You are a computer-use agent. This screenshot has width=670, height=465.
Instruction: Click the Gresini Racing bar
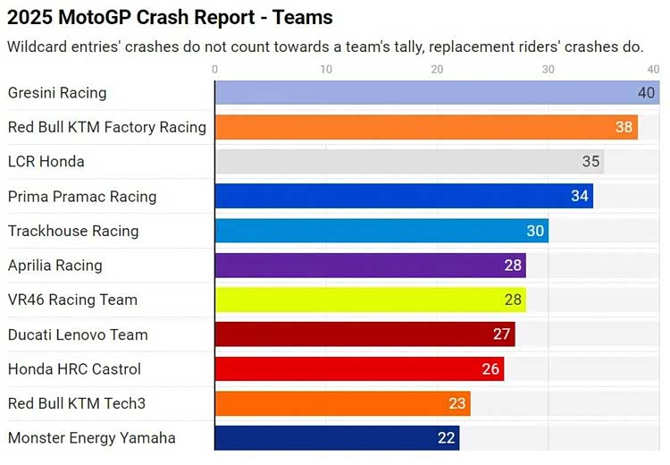[437, 93]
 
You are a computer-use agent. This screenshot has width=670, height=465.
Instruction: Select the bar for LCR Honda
[409, 162]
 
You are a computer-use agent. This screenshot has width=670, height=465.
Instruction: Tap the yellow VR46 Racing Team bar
[370, 300]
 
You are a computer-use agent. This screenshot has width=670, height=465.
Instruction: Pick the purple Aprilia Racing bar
[370, 266]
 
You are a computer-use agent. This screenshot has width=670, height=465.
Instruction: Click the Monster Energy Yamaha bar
[337, 438]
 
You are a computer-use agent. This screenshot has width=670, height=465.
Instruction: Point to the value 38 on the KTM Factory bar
[624, 127]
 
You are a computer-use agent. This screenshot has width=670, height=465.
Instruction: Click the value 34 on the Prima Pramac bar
[580, 196]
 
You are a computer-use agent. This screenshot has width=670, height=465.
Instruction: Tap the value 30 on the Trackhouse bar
[535, 231]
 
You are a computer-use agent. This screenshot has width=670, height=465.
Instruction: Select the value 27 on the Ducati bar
[502, 334]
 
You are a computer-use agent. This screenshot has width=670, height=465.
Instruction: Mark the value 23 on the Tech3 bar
[457, 403]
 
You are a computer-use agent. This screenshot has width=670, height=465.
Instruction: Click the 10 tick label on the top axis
[326, 69]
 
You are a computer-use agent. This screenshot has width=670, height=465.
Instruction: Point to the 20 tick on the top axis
[437, 69]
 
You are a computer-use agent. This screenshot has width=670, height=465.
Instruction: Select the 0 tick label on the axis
[215, 69]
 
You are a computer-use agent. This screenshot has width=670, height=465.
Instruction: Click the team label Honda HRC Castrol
[74, 369]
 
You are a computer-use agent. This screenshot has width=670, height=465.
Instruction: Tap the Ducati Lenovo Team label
[78, 335]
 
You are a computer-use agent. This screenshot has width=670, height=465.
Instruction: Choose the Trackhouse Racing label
[73, 231]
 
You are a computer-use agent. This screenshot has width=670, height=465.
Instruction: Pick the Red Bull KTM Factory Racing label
[106, 127]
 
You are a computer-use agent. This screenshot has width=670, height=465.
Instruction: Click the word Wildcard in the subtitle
[38, 46]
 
